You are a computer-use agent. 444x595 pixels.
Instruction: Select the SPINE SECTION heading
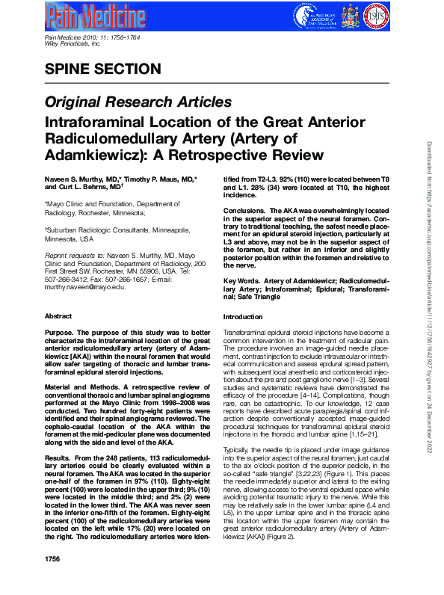(x=103, y=70)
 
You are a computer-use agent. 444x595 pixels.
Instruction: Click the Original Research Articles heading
(x=138, y=102)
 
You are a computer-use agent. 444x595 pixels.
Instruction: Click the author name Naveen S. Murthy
(x=74, y=180)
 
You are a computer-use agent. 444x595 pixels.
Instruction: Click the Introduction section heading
(x=244, y=338)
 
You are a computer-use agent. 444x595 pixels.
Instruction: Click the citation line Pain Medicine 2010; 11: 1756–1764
(x=92, y=37)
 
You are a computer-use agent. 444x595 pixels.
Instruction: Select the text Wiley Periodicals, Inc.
(x=73, y=44)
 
